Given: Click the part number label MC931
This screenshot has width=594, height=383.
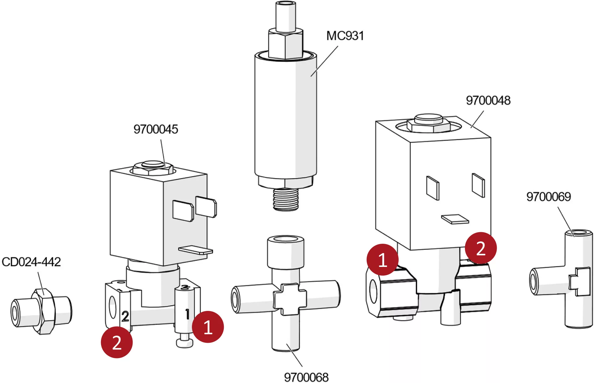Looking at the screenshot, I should click(345, 36).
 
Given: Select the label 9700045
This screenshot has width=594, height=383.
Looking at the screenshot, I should click(156, 129).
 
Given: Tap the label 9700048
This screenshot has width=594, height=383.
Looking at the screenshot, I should click(488, 100).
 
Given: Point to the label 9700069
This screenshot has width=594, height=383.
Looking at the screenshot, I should click(548, 197).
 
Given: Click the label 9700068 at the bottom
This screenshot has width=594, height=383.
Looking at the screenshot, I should click(306, 377).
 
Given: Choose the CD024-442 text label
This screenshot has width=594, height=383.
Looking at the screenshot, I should click(31, 262).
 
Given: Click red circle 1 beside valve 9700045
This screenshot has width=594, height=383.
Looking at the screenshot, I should click(208, 327).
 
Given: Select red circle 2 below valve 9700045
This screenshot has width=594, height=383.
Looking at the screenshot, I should click(117, 342).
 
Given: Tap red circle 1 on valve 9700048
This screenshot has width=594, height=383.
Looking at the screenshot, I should click(382, 260).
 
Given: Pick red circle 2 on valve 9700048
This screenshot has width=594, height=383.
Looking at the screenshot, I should click(481, 248).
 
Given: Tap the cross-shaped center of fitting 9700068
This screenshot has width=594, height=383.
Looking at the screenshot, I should click(290, 299).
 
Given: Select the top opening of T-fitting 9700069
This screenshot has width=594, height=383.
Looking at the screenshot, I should click(578, 233).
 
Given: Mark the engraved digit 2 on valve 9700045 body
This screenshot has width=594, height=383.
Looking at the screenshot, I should click(125, 316).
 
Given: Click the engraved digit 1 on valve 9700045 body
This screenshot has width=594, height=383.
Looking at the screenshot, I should click(187, 314).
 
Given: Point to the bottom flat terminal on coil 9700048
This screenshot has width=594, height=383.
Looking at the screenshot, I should click(455, 219).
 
